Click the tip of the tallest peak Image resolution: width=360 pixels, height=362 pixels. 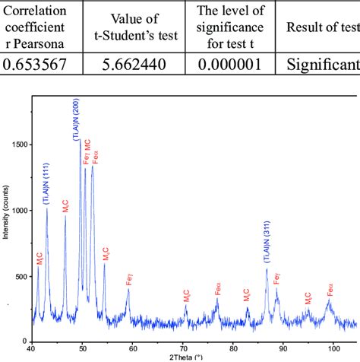tap(80, 140)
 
